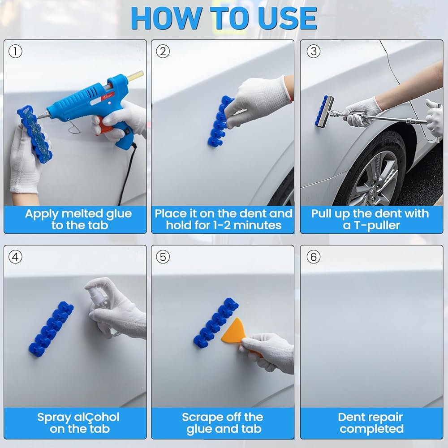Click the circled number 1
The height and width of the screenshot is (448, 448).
15,52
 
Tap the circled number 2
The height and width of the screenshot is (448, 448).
163,52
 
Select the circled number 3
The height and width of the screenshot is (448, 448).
314,52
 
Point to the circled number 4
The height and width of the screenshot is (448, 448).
15,257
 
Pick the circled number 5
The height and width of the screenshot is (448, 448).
163,257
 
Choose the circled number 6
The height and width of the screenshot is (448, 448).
314,257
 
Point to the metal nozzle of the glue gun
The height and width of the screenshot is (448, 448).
42,115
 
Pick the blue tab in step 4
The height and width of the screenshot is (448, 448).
51,328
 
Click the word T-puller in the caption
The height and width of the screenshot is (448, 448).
377,226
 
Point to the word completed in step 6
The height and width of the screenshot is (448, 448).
371,429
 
